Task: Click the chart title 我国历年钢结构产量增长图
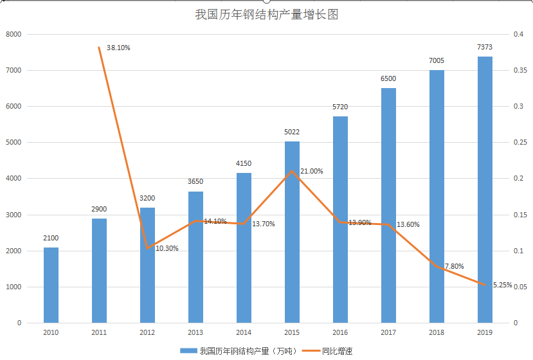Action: tap(266, 15)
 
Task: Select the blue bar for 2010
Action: tap(51, 285)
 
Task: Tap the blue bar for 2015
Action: tap(292, 231)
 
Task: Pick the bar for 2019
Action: tap(485, 190)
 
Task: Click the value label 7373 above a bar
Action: tap(485, 47)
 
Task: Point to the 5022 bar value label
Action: tap(292, 132)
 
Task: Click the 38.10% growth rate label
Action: tap(118, 48)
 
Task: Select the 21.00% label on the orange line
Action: tap(312, 171)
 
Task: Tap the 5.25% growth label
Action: tap(501, 285)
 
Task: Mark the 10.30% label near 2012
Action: tap(167, 248)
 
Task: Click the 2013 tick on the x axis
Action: tap(195, 332)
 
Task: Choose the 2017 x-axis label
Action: tap(388, 332)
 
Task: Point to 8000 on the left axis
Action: tap(14, 34)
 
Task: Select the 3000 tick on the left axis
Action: tap(14, 214)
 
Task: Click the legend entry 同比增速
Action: tap(337, 350)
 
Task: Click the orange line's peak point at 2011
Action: tap(99, 47)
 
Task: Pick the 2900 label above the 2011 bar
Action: tap(99, 209)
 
